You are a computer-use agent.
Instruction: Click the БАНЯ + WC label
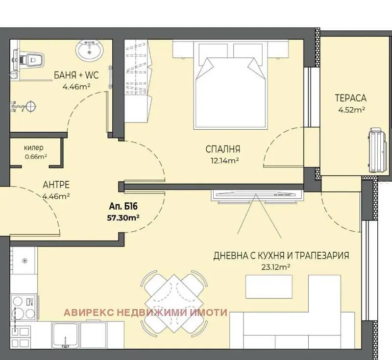(x=76, y=75)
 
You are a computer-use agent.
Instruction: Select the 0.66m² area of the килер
(x=36, y=157)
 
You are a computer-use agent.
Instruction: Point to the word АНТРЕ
(x=56, y=185)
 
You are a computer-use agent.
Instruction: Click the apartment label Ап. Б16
(x=123, y=207)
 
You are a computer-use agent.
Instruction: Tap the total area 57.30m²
(x=123, y=218)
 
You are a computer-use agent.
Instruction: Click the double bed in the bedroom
(x=230, y=85)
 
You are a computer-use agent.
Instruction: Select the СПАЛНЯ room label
(x=223, y=149)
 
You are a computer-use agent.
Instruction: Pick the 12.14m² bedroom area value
(x=225, y=160)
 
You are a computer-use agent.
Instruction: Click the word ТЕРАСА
(x=351, y=98)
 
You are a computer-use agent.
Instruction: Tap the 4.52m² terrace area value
(x=351, y=110)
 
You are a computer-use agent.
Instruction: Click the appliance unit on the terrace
(x=379, y=150)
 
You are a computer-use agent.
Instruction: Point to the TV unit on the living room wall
(x=257, y=196)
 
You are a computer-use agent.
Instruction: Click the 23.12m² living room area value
(x=276, y=267)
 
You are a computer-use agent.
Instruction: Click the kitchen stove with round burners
(x=23, y=307)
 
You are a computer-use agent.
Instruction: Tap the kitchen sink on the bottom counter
(x=65, y=335)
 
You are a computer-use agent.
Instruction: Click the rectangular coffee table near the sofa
(x=269, y=287)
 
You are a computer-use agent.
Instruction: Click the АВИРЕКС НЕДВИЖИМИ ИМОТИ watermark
(x=146, y=312)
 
